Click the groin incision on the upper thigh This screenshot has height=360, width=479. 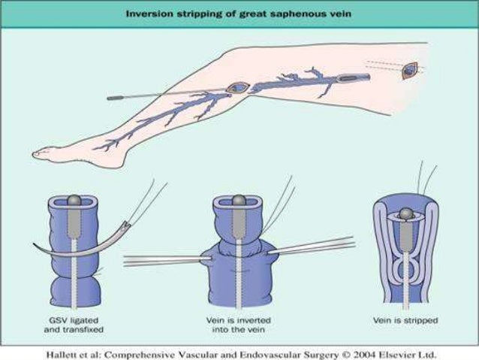coord(409,71)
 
